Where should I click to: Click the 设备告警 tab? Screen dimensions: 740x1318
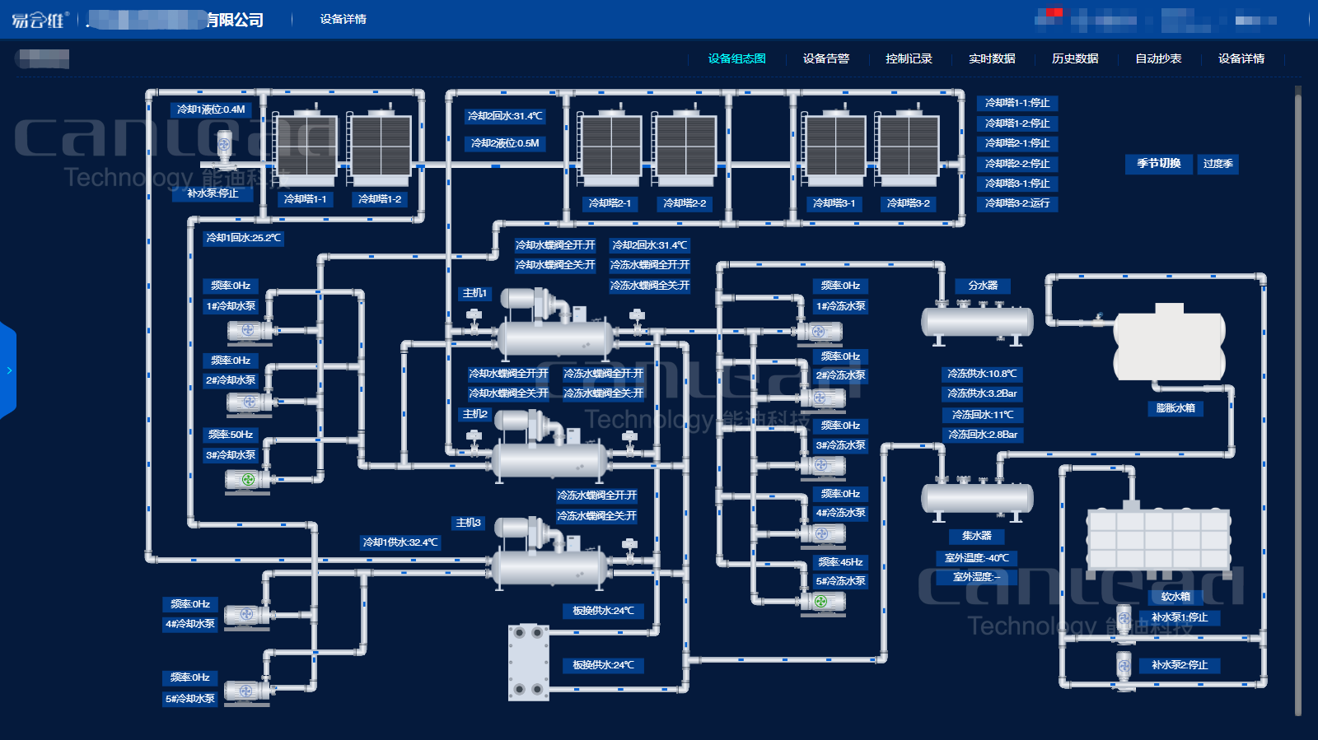825,58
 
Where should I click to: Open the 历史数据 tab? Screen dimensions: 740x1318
1075,58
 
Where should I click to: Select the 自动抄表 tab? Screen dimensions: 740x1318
1158,58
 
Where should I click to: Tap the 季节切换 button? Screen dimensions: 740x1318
1159,164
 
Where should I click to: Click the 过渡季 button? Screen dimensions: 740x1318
1218,164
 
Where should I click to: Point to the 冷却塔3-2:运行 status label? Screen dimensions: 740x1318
1017,203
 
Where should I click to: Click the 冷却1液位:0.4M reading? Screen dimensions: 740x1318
211,109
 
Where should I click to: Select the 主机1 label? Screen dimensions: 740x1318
474,293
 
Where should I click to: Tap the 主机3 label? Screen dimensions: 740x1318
468,523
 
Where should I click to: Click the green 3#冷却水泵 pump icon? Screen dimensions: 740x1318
247,479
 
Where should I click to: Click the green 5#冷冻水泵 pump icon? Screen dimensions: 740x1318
821,602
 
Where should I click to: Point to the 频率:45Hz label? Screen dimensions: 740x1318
840,562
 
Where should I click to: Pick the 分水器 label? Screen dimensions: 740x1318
983,286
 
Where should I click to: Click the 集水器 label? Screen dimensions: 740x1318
977,536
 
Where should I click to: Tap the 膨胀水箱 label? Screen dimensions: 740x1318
1175,408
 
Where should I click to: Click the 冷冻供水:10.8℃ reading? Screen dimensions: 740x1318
982,374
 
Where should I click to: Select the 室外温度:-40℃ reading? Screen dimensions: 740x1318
977,558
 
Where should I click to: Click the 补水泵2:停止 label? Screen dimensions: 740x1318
1180,665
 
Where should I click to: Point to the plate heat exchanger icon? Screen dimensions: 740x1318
529,662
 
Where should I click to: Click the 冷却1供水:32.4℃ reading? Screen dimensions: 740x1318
401,542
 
